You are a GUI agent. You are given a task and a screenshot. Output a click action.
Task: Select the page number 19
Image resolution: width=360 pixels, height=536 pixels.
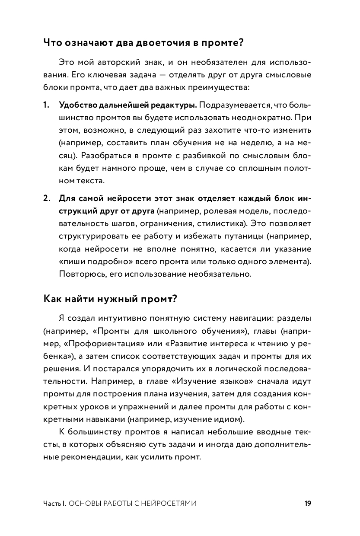point(308,503)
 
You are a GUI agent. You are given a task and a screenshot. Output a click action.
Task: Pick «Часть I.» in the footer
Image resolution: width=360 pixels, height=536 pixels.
point(54,504)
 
